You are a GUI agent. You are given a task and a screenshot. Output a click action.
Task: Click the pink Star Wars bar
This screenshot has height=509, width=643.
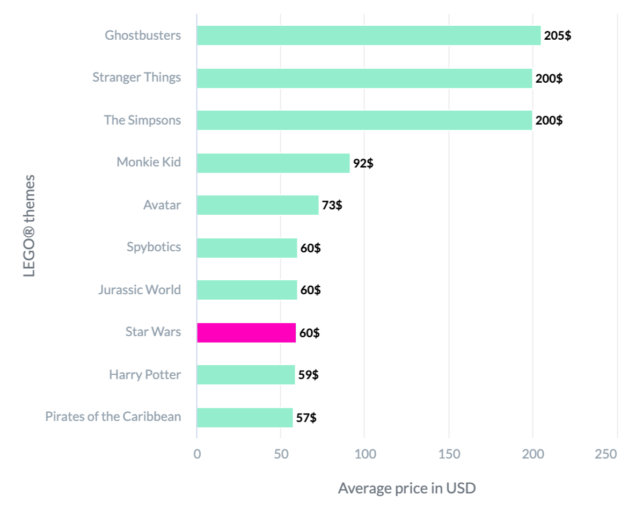pos(246,333)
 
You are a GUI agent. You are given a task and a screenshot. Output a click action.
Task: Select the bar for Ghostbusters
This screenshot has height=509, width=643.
pos(369,35)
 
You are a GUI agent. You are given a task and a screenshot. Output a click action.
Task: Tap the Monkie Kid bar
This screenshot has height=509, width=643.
pos(273,163)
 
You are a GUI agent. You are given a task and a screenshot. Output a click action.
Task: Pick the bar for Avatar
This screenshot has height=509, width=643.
pos(258,205)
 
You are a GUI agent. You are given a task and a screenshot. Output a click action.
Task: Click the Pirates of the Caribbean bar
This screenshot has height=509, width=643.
pos(245,418)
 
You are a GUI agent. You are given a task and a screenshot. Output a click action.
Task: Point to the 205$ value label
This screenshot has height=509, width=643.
pos(558,37)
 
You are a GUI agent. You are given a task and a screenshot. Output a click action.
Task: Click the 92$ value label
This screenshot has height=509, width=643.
pos(363,163)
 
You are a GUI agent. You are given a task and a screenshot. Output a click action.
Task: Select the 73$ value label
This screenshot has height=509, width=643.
pos(332,205)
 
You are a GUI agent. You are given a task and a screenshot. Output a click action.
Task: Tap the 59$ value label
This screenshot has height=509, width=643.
pos(309,375)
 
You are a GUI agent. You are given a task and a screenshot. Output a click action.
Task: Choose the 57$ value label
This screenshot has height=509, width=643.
pos(306,418)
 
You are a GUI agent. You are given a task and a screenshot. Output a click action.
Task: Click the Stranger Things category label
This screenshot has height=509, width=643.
pos(136,77)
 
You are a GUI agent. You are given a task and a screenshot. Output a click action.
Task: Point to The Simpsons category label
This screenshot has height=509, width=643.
pos(142,120)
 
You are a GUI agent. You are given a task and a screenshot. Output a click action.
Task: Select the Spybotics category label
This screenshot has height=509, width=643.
pos(154,248)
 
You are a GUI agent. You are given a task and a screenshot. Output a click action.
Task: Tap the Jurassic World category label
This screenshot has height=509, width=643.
pos(140,290)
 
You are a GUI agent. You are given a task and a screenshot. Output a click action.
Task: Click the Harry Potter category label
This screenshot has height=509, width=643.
pos(145,374)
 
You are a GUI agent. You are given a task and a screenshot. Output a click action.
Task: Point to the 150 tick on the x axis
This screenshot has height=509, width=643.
pos(449,454)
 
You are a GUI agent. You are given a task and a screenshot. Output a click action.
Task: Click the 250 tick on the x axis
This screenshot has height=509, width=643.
pos(606,454)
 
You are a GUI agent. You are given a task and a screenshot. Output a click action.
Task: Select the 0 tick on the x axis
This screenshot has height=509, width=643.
pos(197,454)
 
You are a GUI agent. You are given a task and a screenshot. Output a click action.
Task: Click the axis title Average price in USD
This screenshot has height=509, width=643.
pos(407,489)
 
